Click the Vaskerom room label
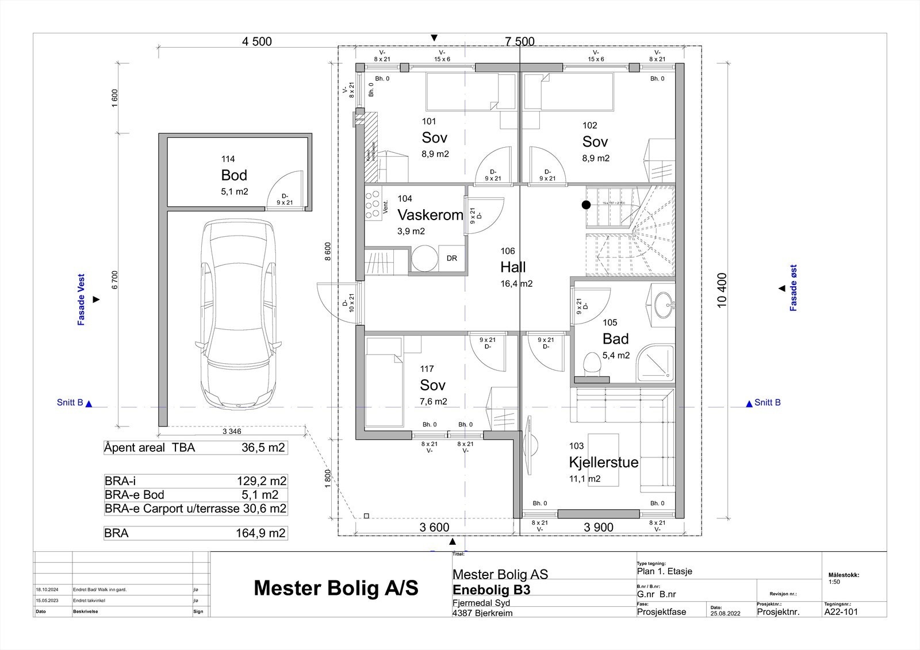pyautogui.click(x=430, y=216)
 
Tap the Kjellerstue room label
pyautogui.click(x=603, y=462)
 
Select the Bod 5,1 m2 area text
pyautogui.click(x=235, y=191)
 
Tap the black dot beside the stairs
pyautogui.click(x=586, y=205)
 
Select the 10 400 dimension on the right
pyautogui.click(x=723, y=290)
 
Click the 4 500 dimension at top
pyautogui.click(x=257, y=41)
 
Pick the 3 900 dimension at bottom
pyautogui.click(x=599, y=528)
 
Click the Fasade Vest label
pyautogui.click(x=81, y=299)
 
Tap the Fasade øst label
pyautogui.click(x=793, y=288)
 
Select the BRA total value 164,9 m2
pyautogui.click(x=260, y=533)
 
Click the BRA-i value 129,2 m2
pyautogui.click(x=261, y=481)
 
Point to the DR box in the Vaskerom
pyautogui.click(x=452, y=258)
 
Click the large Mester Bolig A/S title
pyautogui.click(x=336, y=588)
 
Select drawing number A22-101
pyautogui.click(x=841, y=611)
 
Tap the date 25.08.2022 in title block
pyautogui.click(x=725, y=613)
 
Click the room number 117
pyautogui.click(x=427, y=369)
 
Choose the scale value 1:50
pyautogui.click(x=834, y=582)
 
